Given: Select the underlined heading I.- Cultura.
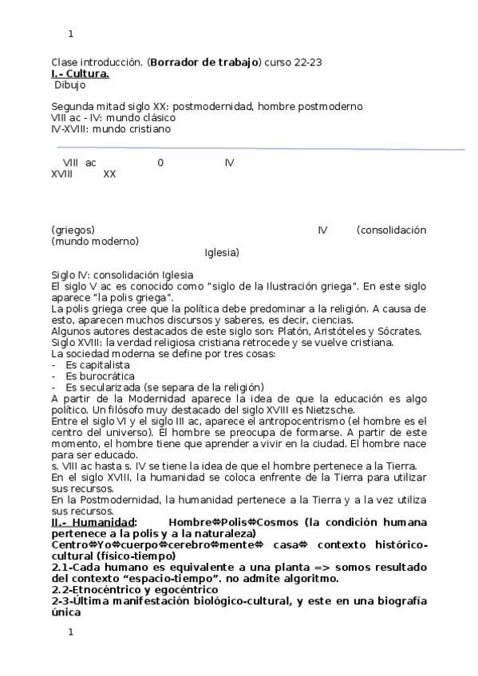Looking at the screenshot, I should (x=81, y=73).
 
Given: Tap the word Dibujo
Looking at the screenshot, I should (x=70, y=84).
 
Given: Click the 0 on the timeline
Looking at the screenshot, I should (x=160, y=163).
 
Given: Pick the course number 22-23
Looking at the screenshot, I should (x=306, y=62).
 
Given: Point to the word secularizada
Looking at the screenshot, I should (x=120, y=387).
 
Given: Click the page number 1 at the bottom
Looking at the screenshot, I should (x=71, y=633).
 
